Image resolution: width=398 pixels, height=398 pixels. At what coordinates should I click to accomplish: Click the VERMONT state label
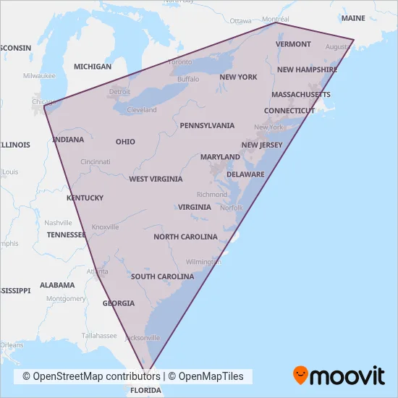pyautogui.click(x=293, y=44)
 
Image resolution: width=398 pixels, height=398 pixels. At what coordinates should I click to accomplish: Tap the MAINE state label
pyautogui.click(x=353, y=17)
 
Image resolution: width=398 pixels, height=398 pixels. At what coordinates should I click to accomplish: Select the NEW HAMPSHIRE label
pyautogui.click(x=307, y=70)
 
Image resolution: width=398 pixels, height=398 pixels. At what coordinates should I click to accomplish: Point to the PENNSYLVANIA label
pyautogui.click(x=208, y=125)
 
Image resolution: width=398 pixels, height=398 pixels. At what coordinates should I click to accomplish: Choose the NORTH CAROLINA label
pyautogui.click(x=185, y=237)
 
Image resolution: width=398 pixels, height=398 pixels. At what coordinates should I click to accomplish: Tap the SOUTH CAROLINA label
pyautogui.click(x=162, y=276)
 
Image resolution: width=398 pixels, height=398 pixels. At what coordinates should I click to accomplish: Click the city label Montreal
pyautogui.click(x=275, y=19)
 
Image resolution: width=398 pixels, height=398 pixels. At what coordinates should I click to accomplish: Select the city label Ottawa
pyautogui.click(x=240, y=21)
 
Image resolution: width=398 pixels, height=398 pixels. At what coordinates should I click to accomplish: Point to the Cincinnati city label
pyautogui.click(x=96, y=161)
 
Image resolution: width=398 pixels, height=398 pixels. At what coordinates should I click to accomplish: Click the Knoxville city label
pyautogui.click(x=105, y=226)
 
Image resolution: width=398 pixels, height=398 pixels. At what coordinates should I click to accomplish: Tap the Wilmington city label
pyautogui.click(x=203, y=261)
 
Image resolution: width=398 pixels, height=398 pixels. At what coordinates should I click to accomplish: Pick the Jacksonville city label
pyautogui.click(x=142, y=337)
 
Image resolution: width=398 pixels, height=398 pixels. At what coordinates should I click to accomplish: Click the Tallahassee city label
pyautogui.click(x=99, y=336)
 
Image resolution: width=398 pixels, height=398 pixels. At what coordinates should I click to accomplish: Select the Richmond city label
pyautogui.click(x=212, y=195)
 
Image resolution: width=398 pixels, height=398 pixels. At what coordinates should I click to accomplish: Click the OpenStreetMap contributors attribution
pyautogui.click(x=90, y=376)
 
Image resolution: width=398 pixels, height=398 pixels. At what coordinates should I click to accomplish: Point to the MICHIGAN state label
pyautogui.click(x=93, y=67)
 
